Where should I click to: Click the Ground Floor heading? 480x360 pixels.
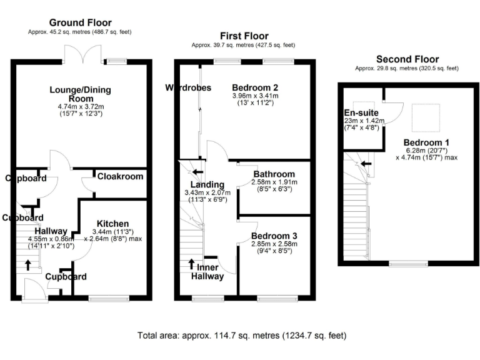tap(79, 22)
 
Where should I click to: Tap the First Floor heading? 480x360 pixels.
tap(244, 36)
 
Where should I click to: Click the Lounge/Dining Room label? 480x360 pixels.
tap(80, 94)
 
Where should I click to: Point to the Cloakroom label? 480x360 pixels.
tap(120, 177)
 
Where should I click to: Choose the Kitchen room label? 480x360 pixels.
tap(112, 224)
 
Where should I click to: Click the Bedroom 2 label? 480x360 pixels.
tap(254, 87)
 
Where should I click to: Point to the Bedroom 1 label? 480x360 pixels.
tap(426, 141)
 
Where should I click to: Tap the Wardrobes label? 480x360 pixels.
tap(188, 87)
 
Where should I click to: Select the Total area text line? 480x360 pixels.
tap(241, 336)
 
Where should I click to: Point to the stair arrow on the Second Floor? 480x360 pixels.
tap(369, 164)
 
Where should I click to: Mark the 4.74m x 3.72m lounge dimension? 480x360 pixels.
tap(80, 107)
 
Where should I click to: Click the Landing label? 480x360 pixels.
tap(207, 184)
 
